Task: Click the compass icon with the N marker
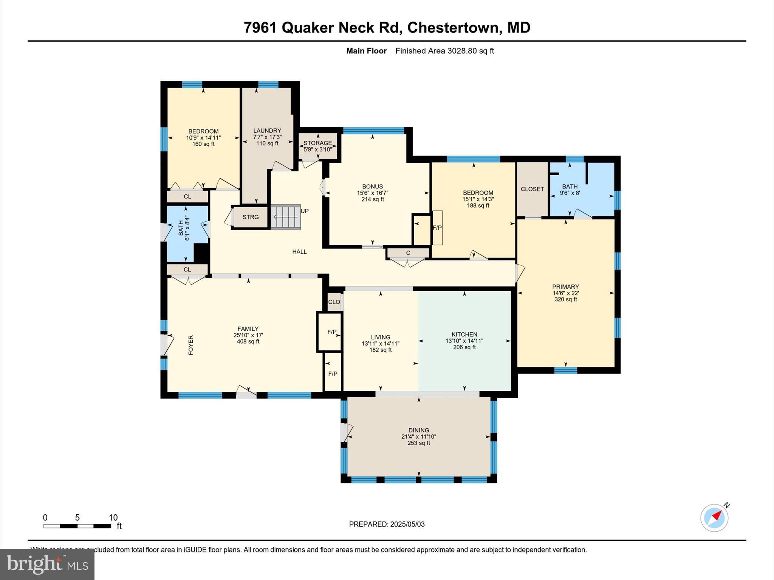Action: click(714, 518)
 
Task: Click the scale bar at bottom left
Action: click(77, 526)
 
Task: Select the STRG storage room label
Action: click(251, 217)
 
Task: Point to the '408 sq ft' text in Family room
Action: click(248, 342)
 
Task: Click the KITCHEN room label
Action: click(464, 334)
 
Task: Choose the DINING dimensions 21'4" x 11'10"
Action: click(418, 437)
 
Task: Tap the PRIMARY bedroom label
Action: click(565, 287)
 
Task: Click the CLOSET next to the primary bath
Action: click(532, 189)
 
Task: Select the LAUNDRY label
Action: click(267, 131)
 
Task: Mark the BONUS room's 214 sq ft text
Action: click(373, 199)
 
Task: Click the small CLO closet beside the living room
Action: click(334, 302)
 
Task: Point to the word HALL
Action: click(299, 252)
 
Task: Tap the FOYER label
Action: click(191, 345)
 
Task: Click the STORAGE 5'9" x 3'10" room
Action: click(317, 146)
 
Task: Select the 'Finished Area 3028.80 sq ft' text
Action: click(444, 51)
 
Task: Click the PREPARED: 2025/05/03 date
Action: click(387, 524)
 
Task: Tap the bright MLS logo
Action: click(47, 564)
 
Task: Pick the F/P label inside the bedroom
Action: click(437, 228)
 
